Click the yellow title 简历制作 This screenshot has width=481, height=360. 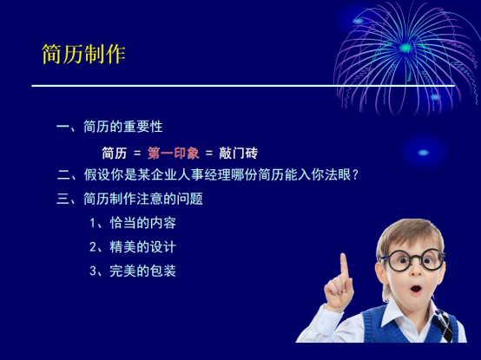click(83, 55)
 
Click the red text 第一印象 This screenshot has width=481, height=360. click(174, 154)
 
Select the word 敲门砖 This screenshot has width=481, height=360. click(239, 154)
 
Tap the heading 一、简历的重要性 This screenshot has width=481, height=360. click(109, 127)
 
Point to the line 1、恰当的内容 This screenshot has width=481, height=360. click(133, 223)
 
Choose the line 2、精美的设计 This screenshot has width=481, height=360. click(133, 247)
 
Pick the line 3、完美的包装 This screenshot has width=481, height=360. click(133, 271)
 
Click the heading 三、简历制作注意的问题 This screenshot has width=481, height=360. click(129, 199)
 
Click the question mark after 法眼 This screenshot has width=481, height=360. click(355, 175)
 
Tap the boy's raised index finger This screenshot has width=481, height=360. click(344, 266)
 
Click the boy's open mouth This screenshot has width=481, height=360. click(416, 289)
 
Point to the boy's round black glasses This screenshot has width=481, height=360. click(413, 260)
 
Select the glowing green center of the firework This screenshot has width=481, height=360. click(405, 48)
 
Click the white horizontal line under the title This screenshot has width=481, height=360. click(243, 86)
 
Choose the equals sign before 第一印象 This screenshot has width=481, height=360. click(137, 154)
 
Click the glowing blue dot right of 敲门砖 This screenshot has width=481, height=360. click(424, 153)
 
